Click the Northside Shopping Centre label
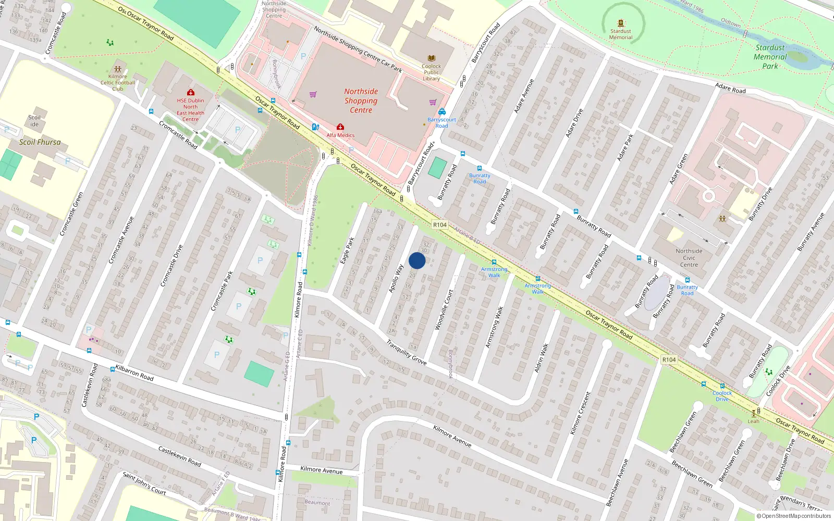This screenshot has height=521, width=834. [x=361, y=101]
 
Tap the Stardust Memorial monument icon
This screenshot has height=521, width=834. [x=621, y=23]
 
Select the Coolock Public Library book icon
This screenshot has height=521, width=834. [x=432, y=58]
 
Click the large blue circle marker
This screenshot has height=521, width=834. [x=417, y=260]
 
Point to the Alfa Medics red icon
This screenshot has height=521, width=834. [x=340, y=127]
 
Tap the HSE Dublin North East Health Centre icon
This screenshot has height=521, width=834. [x=191, y=92]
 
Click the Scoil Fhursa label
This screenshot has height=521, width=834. [x=40, y=142]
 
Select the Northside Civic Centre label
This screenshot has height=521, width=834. [x=689, y=257]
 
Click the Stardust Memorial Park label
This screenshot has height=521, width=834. [x=770, y=56]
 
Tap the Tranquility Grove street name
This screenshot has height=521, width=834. [x=407, y=352]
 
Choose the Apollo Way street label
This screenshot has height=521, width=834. [x=396, y=278]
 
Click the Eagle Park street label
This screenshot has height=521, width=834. [x=347, y=251]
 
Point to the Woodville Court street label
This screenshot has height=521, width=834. [x=444, y=309]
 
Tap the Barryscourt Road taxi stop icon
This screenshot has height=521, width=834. [x=442, y=111]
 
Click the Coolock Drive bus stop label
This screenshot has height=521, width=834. [x=722, y=396]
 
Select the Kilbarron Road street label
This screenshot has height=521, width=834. [x=134, y=373]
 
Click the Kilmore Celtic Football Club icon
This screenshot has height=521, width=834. [x=118, y=69]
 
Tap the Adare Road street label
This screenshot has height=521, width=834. [x=730, y=88]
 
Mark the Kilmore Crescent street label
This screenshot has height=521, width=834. [x=581, y=413]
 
